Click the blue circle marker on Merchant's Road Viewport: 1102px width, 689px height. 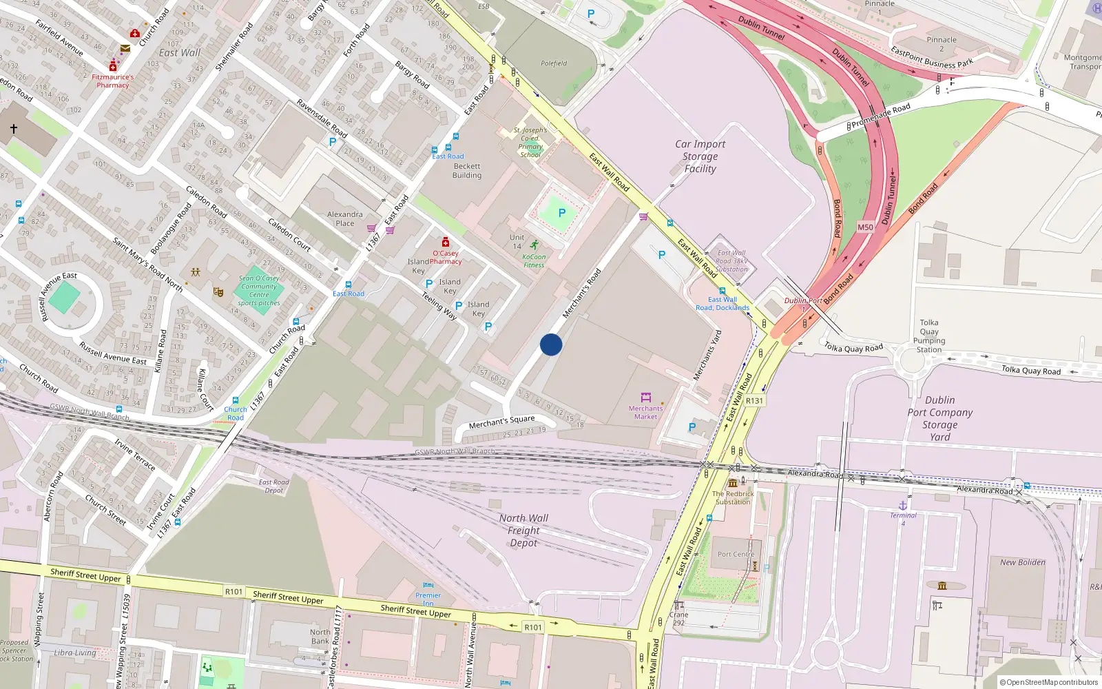tap(551, 344)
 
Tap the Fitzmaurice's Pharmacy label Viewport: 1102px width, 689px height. tap(113, 81)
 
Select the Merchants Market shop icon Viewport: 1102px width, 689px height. tap(646, 397)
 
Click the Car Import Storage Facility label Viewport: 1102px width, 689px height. tap(700, 156)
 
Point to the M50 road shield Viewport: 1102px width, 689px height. tap(865, 227)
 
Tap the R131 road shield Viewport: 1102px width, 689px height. tap(754, 400)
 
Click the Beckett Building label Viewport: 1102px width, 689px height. tap(467, 171)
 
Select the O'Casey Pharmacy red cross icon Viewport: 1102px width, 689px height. tap(446, 242)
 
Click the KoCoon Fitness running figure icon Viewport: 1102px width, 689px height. tap(534, 245)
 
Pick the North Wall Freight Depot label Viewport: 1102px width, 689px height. tap(523, 531)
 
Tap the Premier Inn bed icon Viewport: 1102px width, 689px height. tap(428, 586)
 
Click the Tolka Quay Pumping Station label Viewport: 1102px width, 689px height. tap(929, 336)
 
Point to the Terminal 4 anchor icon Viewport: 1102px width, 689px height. tap(903, 506)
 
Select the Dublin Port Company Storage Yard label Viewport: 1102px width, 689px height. tap(939, 418)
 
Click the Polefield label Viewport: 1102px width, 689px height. tap(554, 63)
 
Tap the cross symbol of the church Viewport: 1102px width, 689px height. tap(13, 128)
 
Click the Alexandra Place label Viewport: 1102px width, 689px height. tap(345, 219)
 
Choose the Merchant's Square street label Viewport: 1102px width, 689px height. tap(501, 422)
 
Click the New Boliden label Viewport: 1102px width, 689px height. tap(1022, 562)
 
